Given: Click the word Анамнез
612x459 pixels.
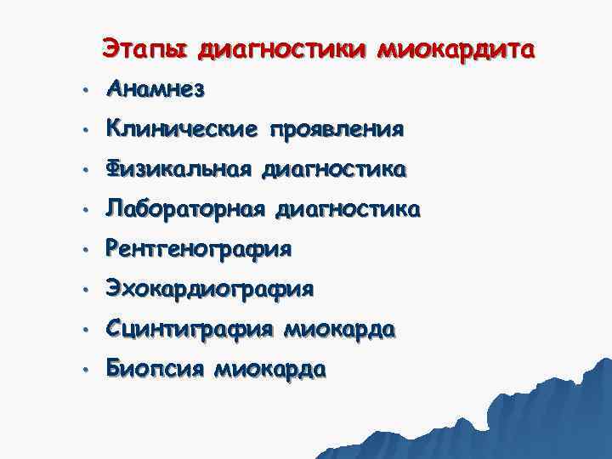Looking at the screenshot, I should pos(156,89).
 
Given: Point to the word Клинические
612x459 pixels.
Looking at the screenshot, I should pos(182,130).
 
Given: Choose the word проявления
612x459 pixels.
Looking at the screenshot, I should pos(336,130).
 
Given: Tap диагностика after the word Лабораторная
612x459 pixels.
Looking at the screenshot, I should pos(348,209).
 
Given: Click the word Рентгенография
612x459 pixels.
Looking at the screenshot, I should pos(199,250).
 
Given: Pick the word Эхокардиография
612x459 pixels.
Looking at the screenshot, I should pos(210,290).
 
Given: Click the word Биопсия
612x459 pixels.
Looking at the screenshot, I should pos(156,369).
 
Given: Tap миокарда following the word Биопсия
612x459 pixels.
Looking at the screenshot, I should pos(270,369).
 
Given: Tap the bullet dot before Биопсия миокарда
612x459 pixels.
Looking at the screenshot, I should pos(85,371).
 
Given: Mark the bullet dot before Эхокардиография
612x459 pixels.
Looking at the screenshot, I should pos(85,291).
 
